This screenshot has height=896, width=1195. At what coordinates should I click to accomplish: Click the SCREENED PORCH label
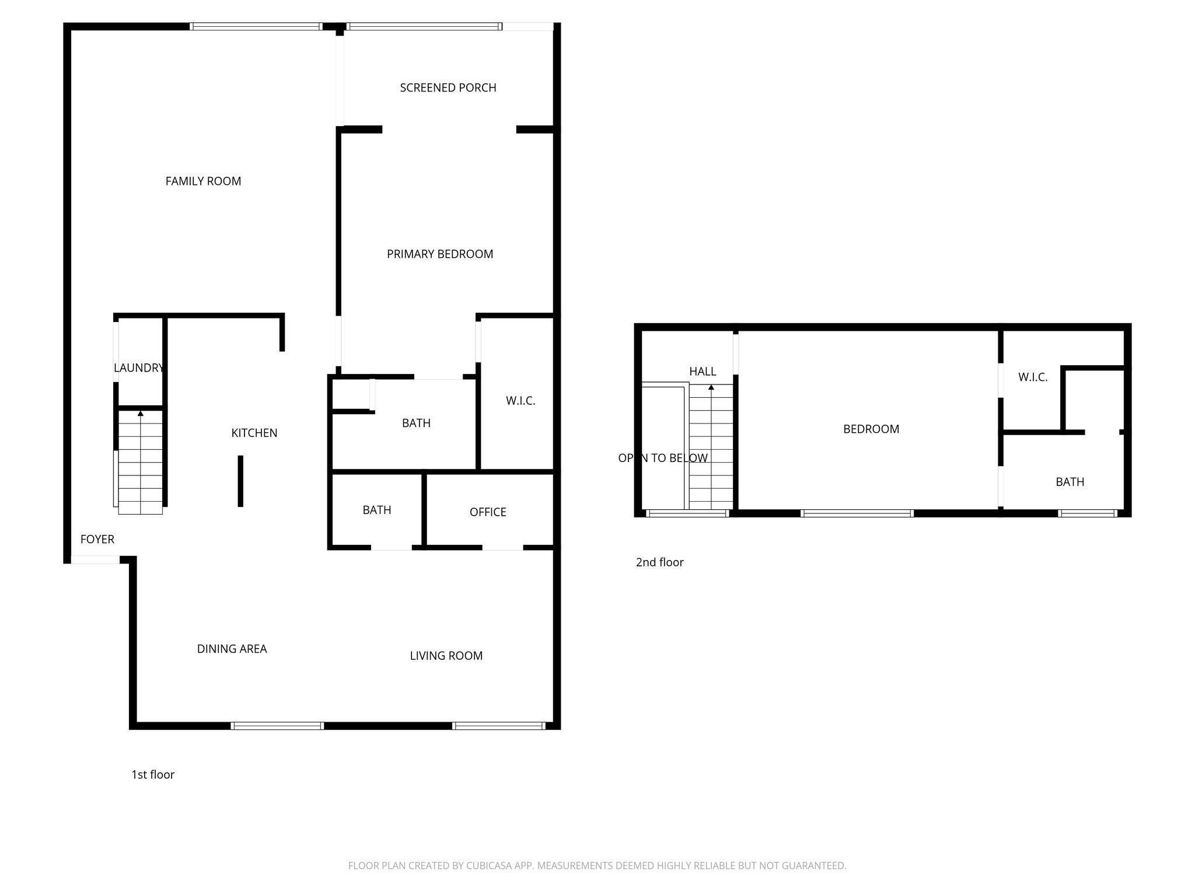pos(448,87)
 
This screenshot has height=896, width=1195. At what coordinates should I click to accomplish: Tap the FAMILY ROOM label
pos(203,181)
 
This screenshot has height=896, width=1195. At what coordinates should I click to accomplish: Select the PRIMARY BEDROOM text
pos(440,254)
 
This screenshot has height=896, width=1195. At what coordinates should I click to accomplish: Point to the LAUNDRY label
pos(139,367)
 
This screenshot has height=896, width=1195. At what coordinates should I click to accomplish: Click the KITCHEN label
pos(254,433)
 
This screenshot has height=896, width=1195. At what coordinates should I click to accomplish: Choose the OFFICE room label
pos(488,512)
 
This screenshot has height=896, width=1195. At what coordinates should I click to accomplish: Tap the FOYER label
pos(97,539)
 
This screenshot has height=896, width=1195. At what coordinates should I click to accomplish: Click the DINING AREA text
pos(232,649)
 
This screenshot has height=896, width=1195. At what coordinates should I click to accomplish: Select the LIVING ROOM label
pos(446,656)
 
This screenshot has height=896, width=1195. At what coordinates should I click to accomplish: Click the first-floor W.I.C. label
pos(520,401)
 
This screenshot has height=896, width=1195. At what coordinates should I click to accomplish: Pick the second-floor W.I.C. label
pos(1033,377)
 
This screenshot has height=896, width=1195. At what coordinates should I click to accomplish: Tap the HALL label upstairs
pos(703,372)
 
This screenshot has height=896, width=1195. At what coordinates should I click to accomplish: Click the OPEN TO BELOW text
pos(663,459)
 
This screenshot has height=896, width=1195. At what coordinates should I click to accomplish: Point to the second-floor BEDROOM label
pos(871,429)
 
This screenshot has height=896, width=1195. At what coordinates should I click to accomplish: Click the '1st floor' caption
pos(153,775)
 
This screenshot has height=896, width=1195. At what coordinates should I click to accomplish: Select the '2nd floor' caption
pos(659,562)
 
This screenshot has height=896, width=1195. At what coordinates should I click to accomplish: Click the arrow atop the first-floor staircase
pos(141,414)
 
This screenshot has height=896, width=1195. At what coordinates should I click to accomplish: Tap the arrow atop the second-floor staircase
pos(711,387)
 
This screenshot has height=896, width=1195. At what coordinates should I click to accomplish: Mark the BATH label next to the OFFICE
pos(376,510)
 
